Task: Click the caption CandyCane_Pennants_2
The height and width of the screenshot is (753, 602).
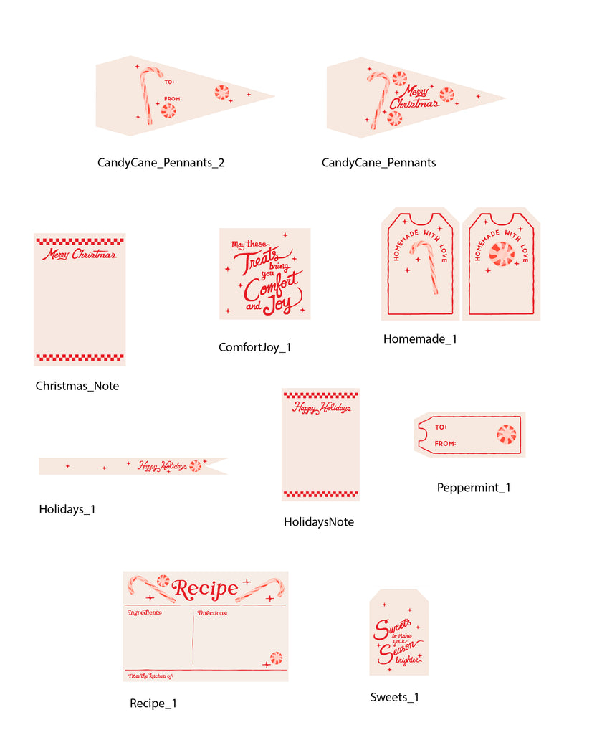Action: coord(161,163)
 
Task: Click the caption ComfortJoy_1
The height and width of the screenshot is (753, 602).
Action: coord(255,348)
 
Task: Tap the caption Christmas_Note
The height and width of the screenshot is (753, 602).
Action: coord(77,386)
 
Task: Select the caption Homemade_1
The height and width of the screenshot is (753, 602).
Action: coord(420,339)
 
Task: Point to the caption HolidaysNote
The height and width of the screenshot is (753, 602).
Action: coord(319,522)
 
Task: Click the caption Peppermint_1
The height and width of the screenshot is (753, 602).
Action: coord(474,488)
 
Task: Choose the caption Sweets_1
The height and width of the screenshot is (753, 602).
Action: coord(395,697)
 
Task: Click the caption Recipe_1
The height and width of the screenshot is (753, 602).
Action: coord(153,704)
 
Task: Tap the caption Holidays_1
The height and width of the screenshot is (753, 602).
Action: coord(67,510)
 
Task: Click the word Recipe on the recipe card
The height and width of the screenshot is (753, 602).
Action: coord(205,589)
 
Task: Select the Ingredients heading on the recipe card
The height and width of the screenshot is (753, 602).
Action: coord(145,613)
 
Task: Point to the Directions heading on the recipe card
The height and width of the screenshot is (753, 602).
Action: coord(212,614)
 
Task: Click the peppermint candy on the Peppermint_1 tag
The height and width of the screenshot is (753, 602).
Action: coord(507,435)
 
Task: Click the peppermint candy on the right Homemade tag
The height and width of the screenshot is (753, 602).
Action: coord(501,254)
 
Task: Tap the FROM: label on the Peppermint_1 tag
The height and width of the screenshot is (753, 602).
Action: coord(445,444)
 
